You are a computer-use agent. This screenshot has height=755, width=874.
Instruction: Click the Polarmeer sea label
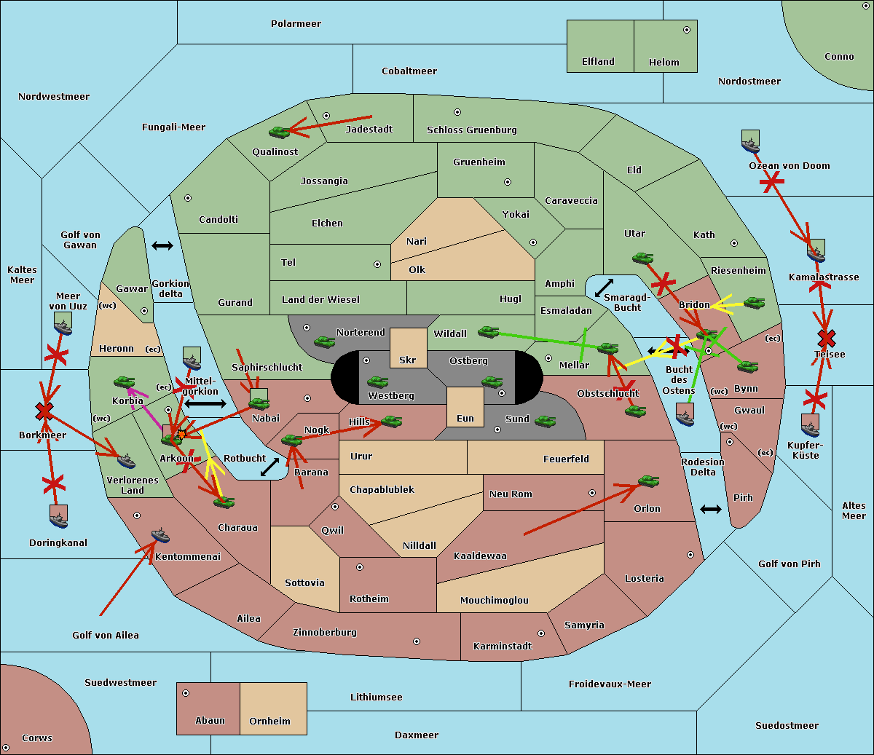[x=296, y=24]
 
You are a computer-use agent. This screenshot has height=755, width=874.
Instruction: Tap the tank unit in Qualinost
[x=280, y=132]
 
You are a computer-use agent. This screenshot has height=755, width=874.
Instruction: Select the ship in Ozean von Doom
[x=750, y=141]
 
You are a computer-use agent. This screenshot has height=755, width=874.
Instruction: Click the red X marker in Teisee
[x=826, y=339]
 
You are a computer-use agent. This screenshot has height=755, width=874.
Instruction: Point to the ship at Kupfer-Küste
[x=811, y=425]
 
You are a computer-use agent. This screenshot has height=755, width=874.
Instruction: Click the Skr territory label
[x=408, y=360]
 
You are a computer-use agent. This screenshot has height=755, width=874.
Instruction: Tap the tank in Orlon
[x=647, y=481]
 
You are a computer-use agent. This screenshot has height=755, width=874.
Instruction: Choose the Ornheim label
[x=269, y=721]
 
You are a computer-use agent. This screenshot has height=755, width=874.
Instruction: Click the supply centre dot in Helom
[x=686, y=30]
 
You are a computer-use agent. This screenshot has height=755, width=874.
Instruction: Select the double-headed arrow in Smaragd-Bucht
[x=604, y=288]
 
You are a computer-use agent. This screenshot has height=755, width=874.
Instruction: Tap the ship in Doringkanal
[x=59, y=516]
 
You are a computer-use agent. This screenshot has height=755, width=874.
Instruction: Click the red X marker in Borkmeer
[x=44, y=411]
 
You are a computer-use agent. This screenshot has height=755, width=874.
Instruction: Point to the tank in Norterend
[x=325, y=341]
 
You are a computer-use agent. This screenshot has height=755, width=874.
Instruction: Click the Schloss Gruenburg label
[x=471, y=130]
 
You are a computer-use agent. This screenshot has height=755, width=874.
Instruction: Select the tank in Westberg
[x=377, y=382]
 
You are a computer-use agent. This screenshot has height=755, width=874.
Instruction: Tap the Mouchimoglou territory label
[x=494, y=601]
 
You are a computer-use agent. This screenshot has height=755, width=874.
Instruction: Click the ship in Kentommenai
[x=160, y=536]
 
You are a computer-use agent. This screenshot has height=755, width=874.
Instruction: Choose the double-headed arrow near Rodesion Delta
[x=710, y=509]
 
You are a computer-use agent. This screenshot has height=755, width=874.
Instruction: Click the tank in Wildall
[x=488, y=332]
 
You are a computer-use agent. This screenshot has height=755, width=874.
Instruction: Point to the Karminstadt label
[x=503, y=647]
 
